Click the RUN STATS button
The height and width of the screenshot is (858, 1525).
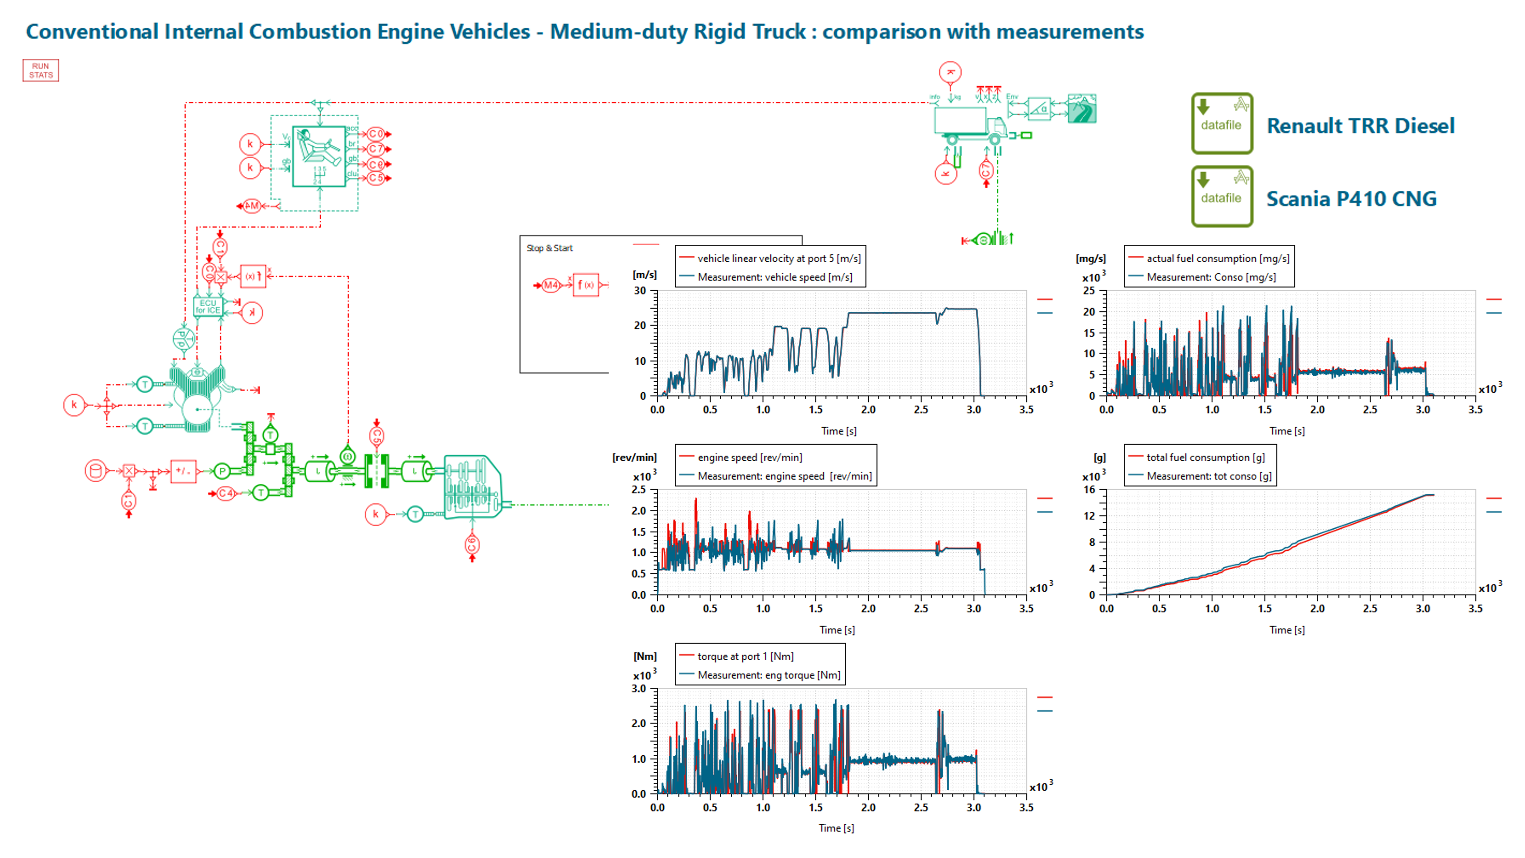click(41, 71)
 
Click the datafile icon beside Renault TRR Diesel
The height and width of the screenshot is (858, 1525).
click(1221, 123)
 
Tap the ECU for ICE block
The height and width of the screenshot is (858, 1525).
click(207, 307)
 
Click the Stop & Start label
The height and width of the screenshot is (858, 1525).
click(549, 248)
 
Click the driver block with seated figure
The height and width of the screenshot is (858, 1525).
click(319, 156)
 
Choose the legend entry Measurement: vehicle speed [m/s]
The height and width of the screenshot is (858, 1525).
click(774, 277)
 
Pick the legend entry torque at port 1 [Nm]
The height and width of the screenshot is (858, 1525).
click(745, 656)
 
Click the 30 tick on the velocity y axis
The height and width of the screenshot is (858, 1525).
click(640, 291)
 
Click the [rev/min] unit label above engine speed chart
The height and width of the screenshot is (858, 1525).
click(634, 457)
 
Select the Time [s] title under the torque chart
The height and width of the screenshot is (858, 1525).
click(836, 828)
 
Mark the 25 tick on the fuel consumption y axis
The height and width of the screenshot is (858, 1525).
click(1089, 291)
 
